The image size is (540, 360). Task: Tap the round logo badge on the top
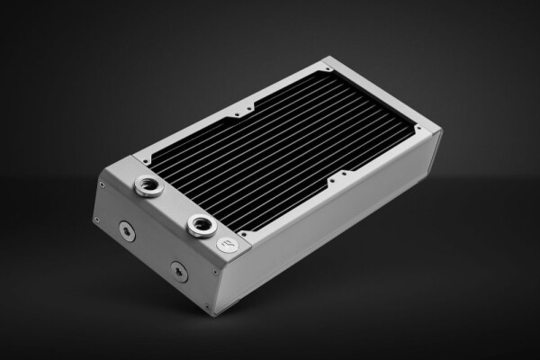click(228, 244)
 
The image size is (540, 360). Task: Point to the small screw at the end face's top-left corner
click(101, 184)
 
